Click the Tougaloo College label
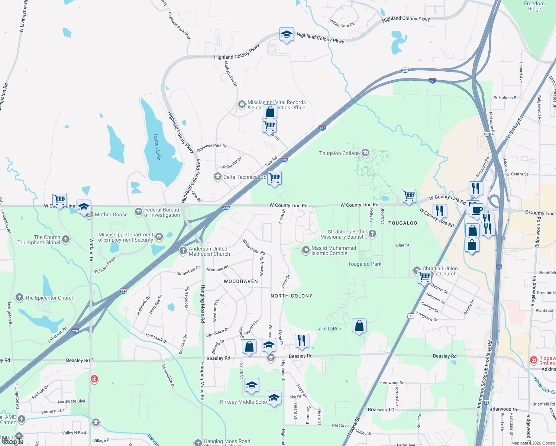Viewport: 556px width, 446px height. click(x=339, y=153)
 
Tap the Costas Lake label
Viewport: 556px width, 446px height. click(x=157, y=147)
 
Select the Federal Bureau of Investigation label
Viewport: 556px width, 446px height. click(x=162, y=212)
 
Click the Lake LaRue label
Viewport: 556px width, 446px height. click(x=329, y=329)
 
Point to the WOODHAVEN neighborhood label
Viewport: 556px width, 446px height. click(x=241, y=281)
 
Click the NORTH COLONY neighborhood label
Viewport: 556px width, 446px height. click(x=291, y=296)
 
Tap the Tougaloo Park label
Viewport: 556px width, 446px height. click(x=365, y=264)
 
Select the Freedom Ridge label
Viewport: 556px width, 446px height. click(x=534, y=6)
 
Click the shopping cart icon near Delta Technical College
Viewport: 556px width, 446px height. click(x=275, y=178)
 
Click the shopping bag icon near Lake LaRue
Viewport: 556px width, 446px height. click(x=359, y=326)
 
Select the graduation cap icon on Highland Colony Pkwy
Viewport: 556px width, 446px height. click(x=287, y=35)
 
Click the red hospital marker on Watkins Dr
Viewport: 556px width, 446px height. click(x=94, y=379)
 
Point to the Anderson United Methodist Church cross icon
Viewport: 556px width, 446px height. click(x=183, y=251)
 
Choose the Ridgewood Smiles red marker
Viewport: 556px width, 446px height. click(x=534, y=360)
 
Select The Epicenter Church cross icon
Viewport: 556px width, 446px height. click(x=19, y=297)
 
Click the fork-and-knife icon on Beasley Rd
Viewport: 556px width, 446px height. click(x=302, y=341)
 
